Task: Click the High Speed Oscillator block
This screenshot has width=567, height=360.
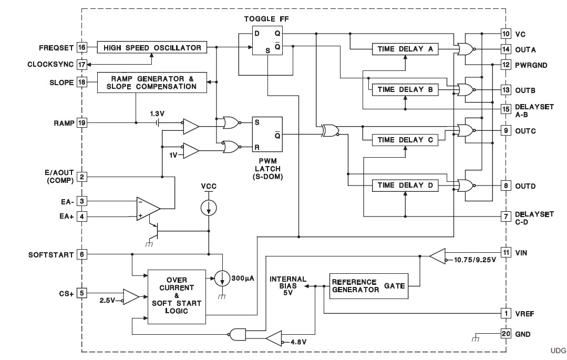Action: pos(152,48)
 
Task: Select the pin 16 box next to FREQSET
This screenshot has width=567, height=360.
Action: pos(82,48)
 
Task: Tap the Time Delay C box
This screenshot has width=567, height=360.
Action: pos(405,140)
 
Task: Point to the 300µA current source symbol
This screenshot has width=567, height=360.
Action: pos(223,278)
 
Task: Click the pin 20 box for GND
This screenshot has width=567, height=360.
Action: pos(506,334)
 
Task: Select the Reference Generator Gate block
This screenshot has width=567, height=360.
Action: pos(368,286)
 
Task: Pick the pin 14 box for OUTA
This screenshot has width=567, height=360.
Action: pos(506,50)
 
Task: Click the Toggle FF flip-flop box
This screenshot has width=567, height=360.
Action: pos(267,42)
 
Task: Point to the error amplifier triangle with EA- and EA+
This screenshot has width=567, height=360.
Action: pos(147,207)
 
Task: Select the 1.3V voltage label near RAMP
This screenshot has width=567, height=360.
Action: pos(157,114)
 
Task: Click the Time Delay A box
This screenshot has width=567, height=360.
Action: pos(405,49)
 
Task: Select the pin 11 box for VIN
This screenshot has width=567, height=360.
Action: pos(506,253)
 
